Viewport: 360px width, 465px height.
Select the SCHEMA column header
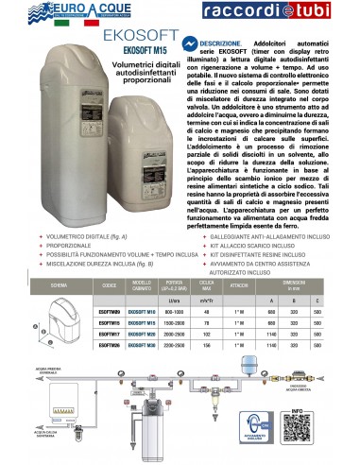(60, 285)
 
